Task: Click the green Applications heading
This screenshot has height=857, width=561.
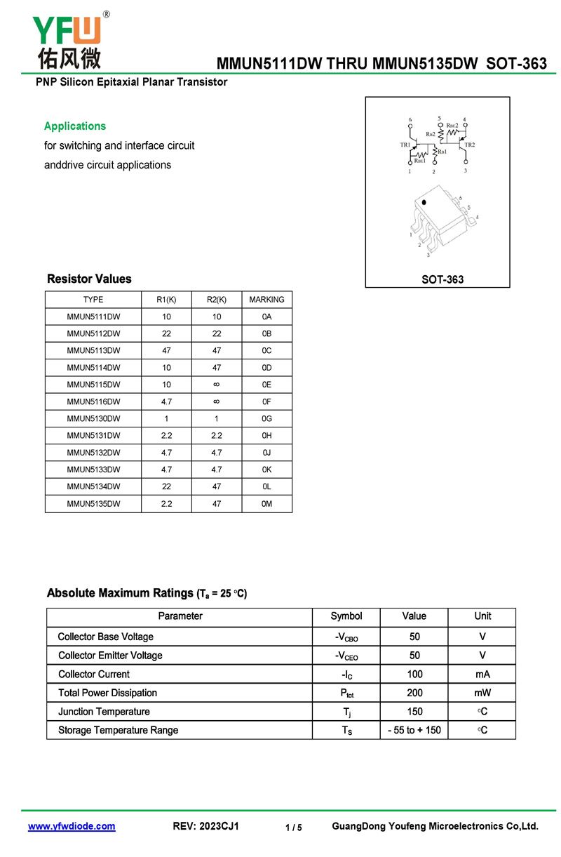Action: [75, 126]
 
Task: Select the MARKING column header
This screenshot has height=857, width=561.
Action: [266, 300]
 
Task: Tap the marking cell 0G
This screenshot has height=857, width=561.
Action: [266, 418]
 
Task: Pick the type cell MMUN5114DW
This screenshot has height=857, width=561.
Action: [93, 368]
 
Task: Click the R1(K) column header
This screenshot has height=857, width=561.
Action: [166, 300]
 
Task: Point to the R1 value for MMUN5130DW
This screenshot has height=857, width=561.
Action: [166, 418]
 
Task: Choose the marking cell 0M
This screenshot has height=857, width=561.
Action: [266, 504]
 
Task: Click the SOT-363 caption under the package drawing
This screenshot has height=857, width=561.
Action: [442, 279]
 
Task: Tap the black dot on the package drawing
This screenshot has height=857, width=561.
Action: [424, 203]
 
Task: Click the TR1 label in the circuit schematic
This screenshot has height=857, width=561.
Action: [405, 145]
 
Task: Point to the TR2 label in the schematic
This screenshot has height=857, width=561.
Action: [469, 145]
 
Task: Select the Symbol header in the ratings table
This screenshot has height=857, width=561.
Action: [346, 616]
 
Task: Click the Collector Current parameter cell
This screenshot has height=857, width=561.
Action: [94, 675]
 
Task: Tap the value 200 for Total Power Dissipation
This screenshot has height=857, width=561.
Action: [414, 693]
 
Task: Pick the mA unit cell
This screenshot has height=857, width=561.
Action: [482, 675]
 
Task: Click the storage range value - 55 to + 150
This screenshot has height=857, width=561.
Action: [414, 731]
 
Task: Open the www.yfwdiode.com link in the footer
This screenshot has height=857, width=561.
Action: [72, 826]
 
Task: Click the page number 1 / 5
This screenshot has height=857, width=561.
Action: [294, 828]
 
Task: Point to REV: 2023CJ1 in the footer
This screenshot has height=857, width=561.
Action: [205, 826]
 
